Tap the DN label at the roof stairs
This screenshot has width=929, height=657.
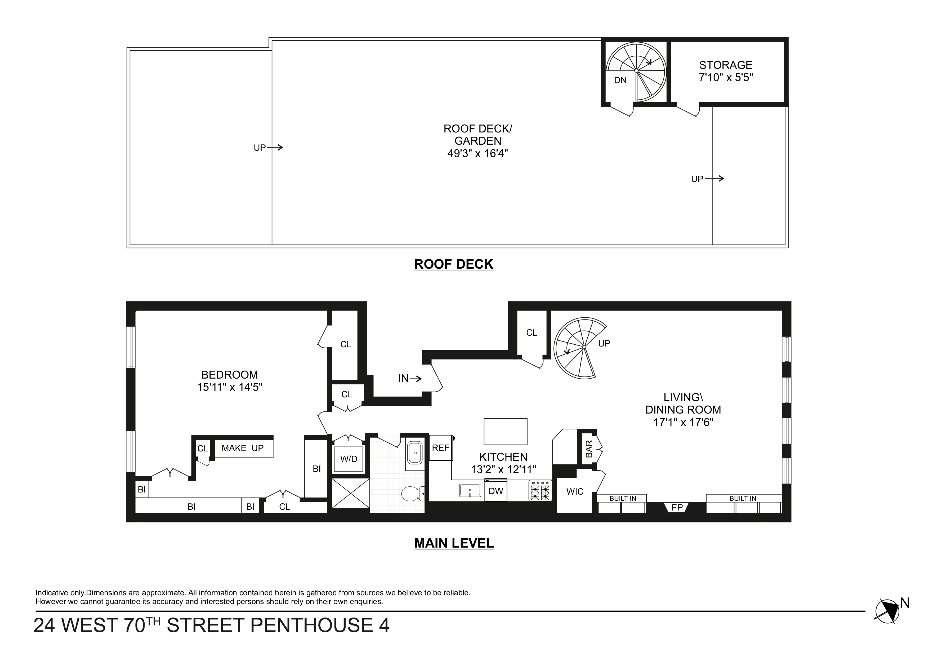click(620, 80)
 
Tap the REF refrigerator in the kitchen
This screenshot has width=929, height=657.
click(440, 448)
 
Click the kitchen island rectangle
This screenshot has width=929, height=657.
click(505, 432)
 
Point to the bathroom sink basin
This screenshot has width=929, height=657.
click(415, 452)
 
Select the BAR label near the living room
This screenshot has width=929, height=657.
click(589, 449)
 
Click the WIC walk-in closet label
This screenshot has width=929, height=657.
click(575, 491)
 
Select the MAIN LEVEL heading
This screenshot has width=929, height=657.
click(454, 543)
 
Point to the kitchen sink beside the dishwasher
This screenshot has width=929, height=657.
click(470, 490)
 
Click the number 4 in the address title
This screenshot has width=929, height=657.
click(383, 625)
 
